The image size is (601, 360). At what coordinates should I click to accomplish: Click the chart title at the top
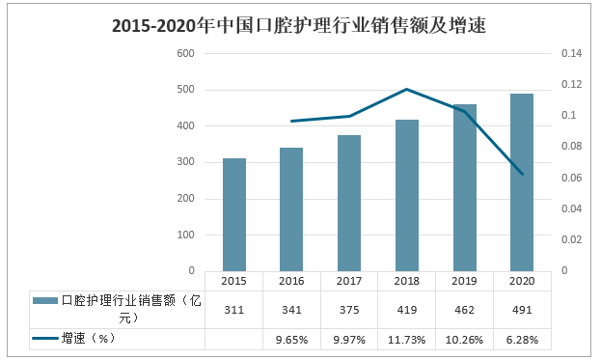[299, 26]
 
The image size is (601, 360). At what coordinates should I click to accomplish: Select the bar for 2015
[233, 214]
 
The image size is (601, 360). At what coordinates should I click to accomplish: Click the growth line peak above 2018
[406, 90]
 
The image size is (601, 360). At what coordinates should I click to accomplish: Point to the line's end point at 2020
[521, 174]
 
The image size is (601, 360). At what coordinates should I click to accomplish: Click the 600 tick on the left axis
[185, 54]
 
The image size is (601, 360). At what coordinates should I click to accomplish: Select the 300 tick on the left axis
[185, 162]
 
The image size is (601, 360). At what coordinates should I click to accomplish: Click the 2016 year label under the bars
[291, 281]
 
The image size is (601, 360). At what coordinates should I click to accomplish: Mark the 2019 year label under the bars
[464, 281]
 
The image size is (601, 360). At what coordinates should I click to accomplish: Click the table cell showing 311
[233, 310]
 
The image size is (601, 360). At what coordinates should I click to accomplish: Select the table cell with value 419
[406, 310]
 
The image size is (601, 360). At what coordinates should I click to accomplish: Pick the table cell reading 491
[521, 310]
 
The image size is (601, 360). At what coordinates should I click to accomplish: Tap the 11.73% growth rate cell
[406, 340]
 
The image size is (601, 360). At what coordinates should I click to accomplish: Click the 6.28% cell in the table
[521, 340]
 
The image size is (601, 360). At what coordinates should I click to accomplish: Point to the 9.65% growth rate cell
[291, 340]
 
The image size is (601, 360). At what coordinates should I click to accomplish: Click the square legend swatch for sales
[44, 301]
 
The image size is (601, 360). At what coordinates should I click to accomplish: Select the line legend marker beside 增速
[44, 339]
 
